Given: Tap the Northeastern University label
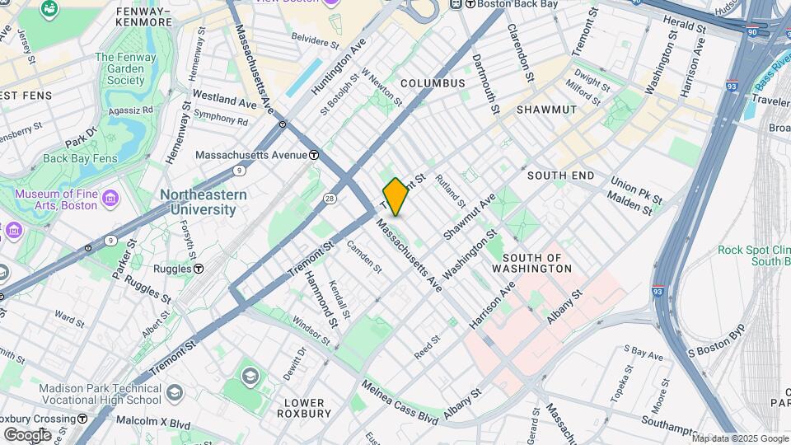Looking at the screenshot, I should [x=203, y=202].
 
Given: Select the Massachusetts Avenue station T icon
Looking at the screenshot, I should [x=314, y=155].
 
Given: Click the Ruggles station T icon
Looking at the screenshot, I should [x=199, y=269].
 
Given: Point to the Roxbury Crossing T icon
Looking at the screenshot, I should [x=82, y=419].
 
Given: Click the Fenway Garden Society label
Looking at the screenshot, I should [x=131, y=68].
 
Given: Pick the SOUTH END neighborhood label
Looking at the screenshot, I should [x=560, y=176].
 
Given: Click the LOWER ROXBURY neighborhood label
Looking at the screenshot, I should [x=308, y=408].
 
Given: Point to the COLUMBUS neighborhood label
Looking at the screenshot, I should [x=433, y=83].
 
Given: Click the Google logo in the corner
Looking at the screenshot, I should [x=27, y=434].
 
